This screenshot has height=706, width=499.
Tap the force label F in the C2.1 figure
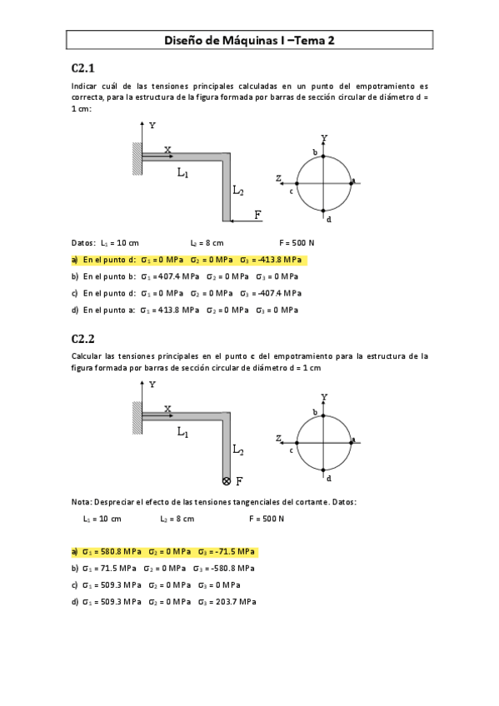pyautogui.click(x=258, y=216)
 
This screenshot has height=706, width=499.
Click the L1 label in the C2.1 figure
pyautogui.click(x=182, y=173)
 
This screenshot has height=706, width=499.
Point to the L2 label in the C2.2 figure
pyautogui.click(x=238, y=450)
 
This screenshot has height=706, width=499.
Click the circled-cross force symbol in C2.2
pyautogui.click(x=227, y=481)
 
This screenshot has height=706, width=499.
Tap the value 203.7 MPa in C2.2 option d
pyautogui.click(x=237, y=601)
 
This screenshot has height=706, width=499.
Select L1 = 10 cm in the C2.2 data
pyautogui.click(x=102, y=519)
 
